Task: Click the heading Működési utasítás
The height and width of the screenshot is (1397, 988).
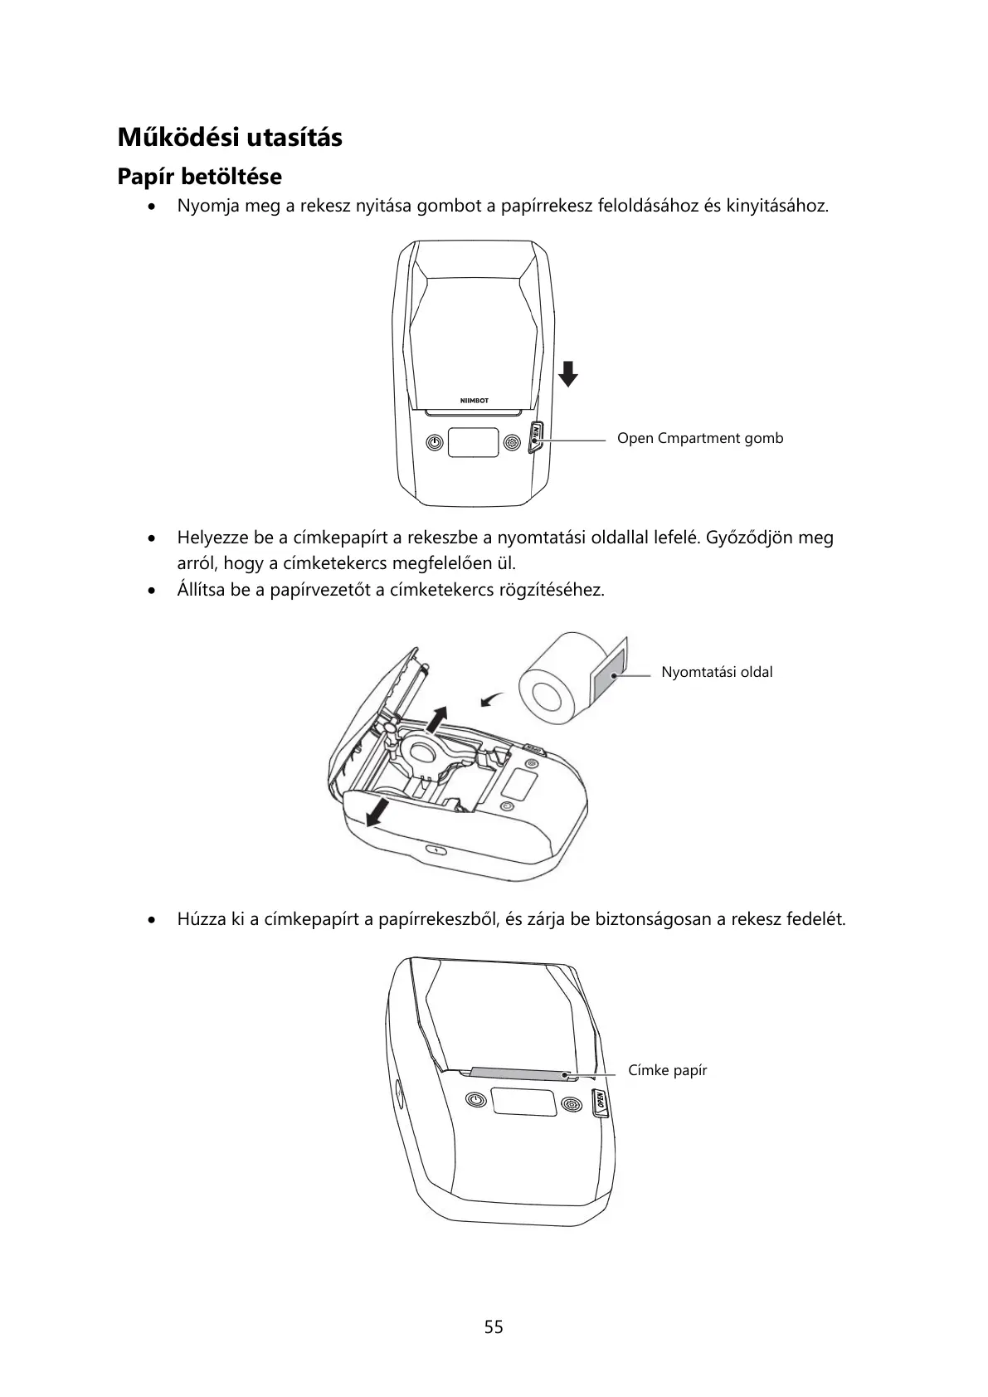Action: [x=230, y=137]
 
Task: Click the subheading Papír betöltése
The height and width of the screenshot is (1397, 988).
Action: [x=199, y=177]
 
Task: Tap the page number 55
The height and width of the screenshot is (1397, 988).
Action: [x=494, y=1326]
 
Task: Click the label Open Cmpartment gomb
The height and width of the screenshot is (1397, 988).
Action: [x=699, y=438]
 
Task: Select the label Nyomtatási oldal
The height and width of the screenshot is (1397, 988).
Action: [x=716, y=672]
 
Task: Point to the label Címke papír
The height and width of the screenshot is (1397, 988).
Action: [x=667, y=1070]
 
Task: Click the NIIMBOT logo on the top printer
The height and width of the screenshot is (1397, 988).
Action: [x=475, y=401]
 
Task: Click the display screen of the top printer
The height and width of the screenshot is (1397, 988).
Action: [x=474, y=442]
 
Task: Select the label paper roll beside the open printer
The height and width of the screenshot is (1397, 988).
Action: [x=549, y=678]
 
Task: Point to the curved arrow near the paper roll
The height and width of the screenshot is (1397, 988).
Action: [x=493, y=701]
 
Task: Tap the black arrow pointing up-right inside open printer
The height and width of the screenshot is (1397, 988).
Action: [x=436, y=718]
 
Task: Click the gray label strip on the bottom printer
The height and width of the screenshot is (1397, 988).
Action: [x=518, y=1074]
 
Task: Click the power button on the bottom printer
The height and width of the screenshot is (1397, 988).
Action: [x=475, y=1101]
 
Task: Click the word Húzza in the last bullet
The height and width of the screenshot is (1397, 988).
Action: [x=199, y=919]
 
